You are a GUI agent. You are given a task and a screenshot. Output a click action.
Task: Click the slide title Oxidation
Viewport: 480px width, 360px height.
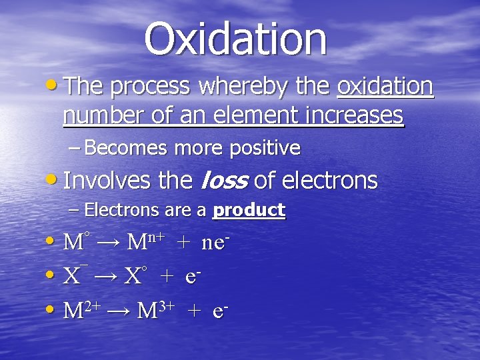coord(236,39)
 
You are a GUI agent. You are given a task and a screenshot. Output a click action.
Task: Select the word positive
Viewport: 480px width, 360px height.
coord(265,148)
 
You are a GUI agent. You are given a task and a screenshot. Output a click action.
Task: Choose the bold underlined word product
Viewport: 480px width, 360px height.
coord(249,211)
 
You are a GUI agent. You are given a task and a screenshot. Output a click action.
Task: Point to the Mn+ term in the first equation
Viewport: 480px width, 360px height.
coord(146,241)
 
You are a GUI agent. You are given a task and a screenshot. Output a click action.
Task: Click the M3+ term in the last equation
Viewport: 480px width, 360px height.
coord(155,310)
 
